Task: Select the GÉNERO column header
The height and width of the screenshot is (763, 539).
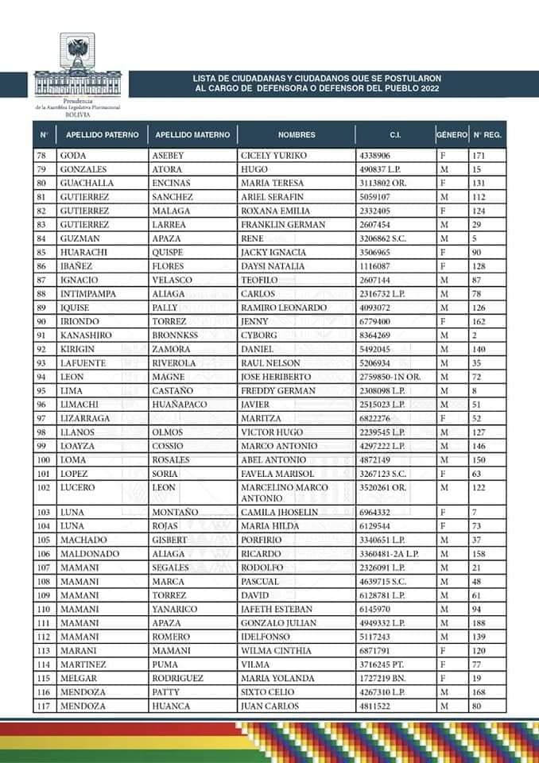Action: pyautogui.click(x=452, y=135)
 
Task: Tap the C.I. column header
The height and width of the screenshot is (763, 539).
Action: pyautogui.click(x=394, y=135)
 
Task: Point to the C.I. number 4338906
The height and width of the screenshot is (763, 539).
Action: pyautogui.click(x=375, y=156)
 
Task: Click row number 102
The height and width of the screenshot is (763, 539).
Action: pyautogui.click(x=44, y=486)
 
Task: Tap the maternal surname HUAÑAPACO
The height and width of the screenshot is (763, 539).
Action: pyautogui.click(x=181, y=404)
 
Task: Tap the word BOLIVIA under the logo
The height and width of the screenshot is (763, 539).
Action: pyautogui.click(x=77, y=114)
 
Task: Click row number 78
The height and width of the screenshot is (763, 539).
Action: pyautogui.click(x=43, y=156)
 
